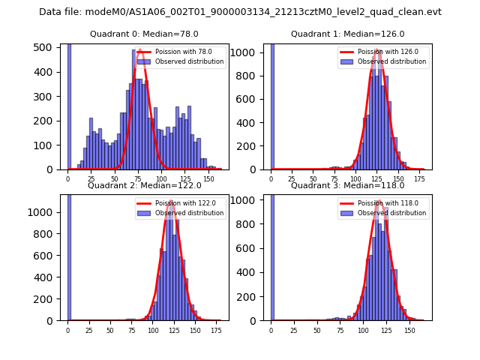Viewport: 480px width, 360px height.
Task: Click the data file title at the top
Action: tap(240, 12)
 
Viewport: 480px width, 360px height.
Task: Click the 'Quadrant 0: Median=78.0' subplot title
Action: tap(144, 34)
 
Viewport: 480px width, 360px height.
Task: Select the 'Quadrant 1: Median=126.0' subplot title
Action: tap(347, 34)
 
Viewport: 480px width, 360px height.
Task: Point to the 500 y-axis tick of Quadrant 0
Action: tap(47, 47)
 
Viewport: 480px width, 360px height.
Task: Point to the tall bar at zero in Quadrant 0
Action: tap(69, 105)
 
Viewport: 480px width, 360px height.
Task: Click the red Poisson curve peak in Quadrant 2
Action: tap(171, 201)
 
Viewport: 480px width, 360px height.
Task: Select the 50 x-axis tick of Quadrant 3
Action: tap(317, 330)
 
